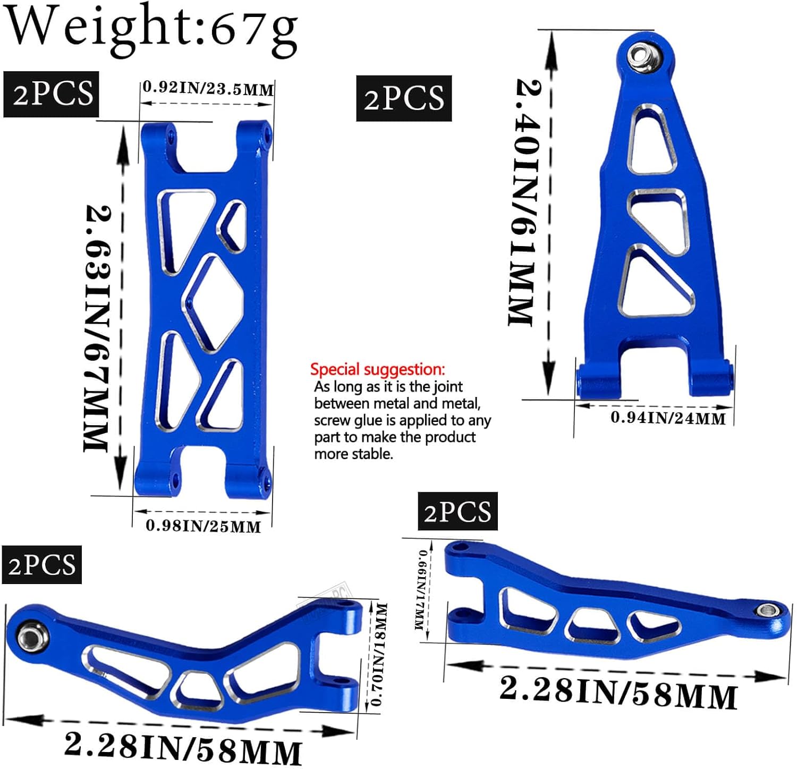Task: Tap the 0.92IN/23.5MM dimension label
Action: click(208, 88)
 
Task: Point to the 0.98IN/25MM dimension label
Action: click(203, 526)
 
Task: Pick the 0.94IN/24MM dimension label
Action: click(668, 418)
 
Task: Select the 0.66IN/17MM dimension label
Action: click(422, 590)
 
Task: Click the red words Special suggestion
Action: click(377, 369)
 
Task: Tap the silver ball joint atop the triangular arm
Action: click(640, 55)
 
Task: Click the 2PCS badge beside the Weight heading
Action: click(52, 94)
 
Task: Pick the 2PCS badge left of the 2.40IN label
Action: click(404, 98)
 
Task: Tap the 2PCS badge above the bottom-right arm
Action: click(457, 511)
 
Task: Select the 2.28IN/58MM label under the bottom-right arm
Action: click(618, 692)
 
